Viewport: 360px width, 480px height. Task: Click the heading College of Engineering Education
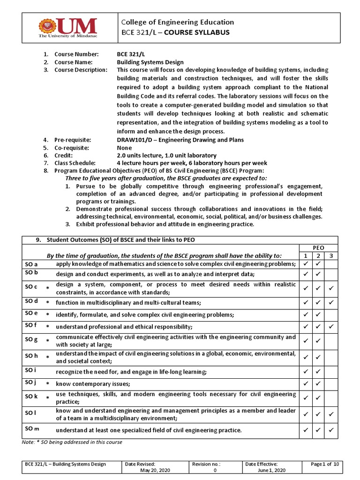tap(178, 22)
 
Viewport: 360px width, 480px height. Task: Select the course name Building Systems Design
tap(150, 62)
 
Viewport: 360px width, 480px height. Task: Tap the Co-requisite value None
tap(124, 148)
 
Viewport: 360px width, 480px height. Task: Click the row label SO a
tap(31, 264)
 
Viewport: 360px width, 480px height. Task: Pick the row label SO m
tap(32, 428)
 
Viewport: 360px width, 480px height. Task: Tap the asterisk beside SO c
tap(47, 288)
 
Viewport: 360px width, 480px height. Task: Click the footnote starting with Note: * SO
tap(72, 442)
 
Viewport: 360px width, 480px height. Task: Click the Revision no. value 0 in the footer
tap(215, 470)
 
